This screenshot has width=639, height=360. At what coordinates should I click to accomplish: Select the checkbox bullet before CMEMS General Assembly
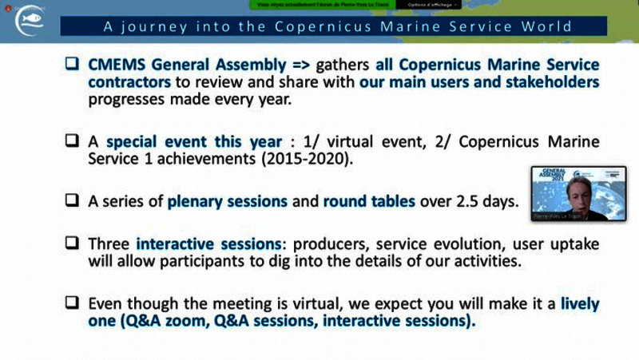[73, 65]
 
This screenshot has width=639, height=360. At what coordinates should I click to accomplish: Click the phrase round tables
[369, 201]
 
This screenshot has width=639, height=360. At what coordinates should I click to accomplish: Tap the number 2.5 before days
[462, 201]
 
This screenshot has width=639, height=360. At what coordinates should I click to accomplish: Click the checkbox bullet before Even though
[73, 303]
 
